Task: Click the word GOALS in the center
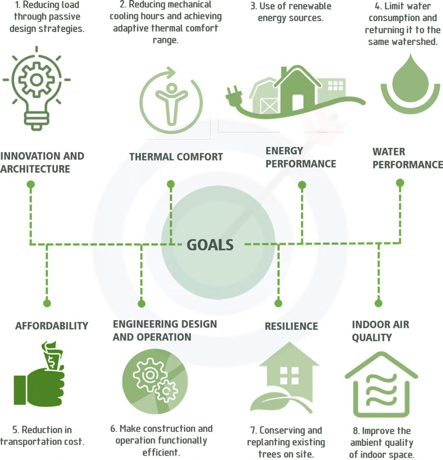(x=210, y=245)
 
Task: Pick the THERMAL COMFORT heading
(x=176, y=157)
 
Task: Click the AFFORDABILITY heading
(x=52, y=326)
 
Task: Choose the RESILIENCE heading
(x=291, y=326)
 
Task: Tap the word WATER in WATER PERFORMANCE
(x=389, y=152)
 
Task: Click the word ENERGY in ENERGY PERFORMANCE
(x=284, y=151)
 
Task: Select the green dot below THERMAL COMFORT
(x=170, y=184)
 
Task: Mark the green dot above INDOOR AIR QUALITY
(x=379, y=303)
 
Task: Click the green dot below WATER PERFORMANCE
(x=400, y=183)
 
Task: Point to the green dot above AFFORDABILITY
(x=47, y=303)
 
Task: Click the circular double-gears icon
(x=155, y=381)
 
